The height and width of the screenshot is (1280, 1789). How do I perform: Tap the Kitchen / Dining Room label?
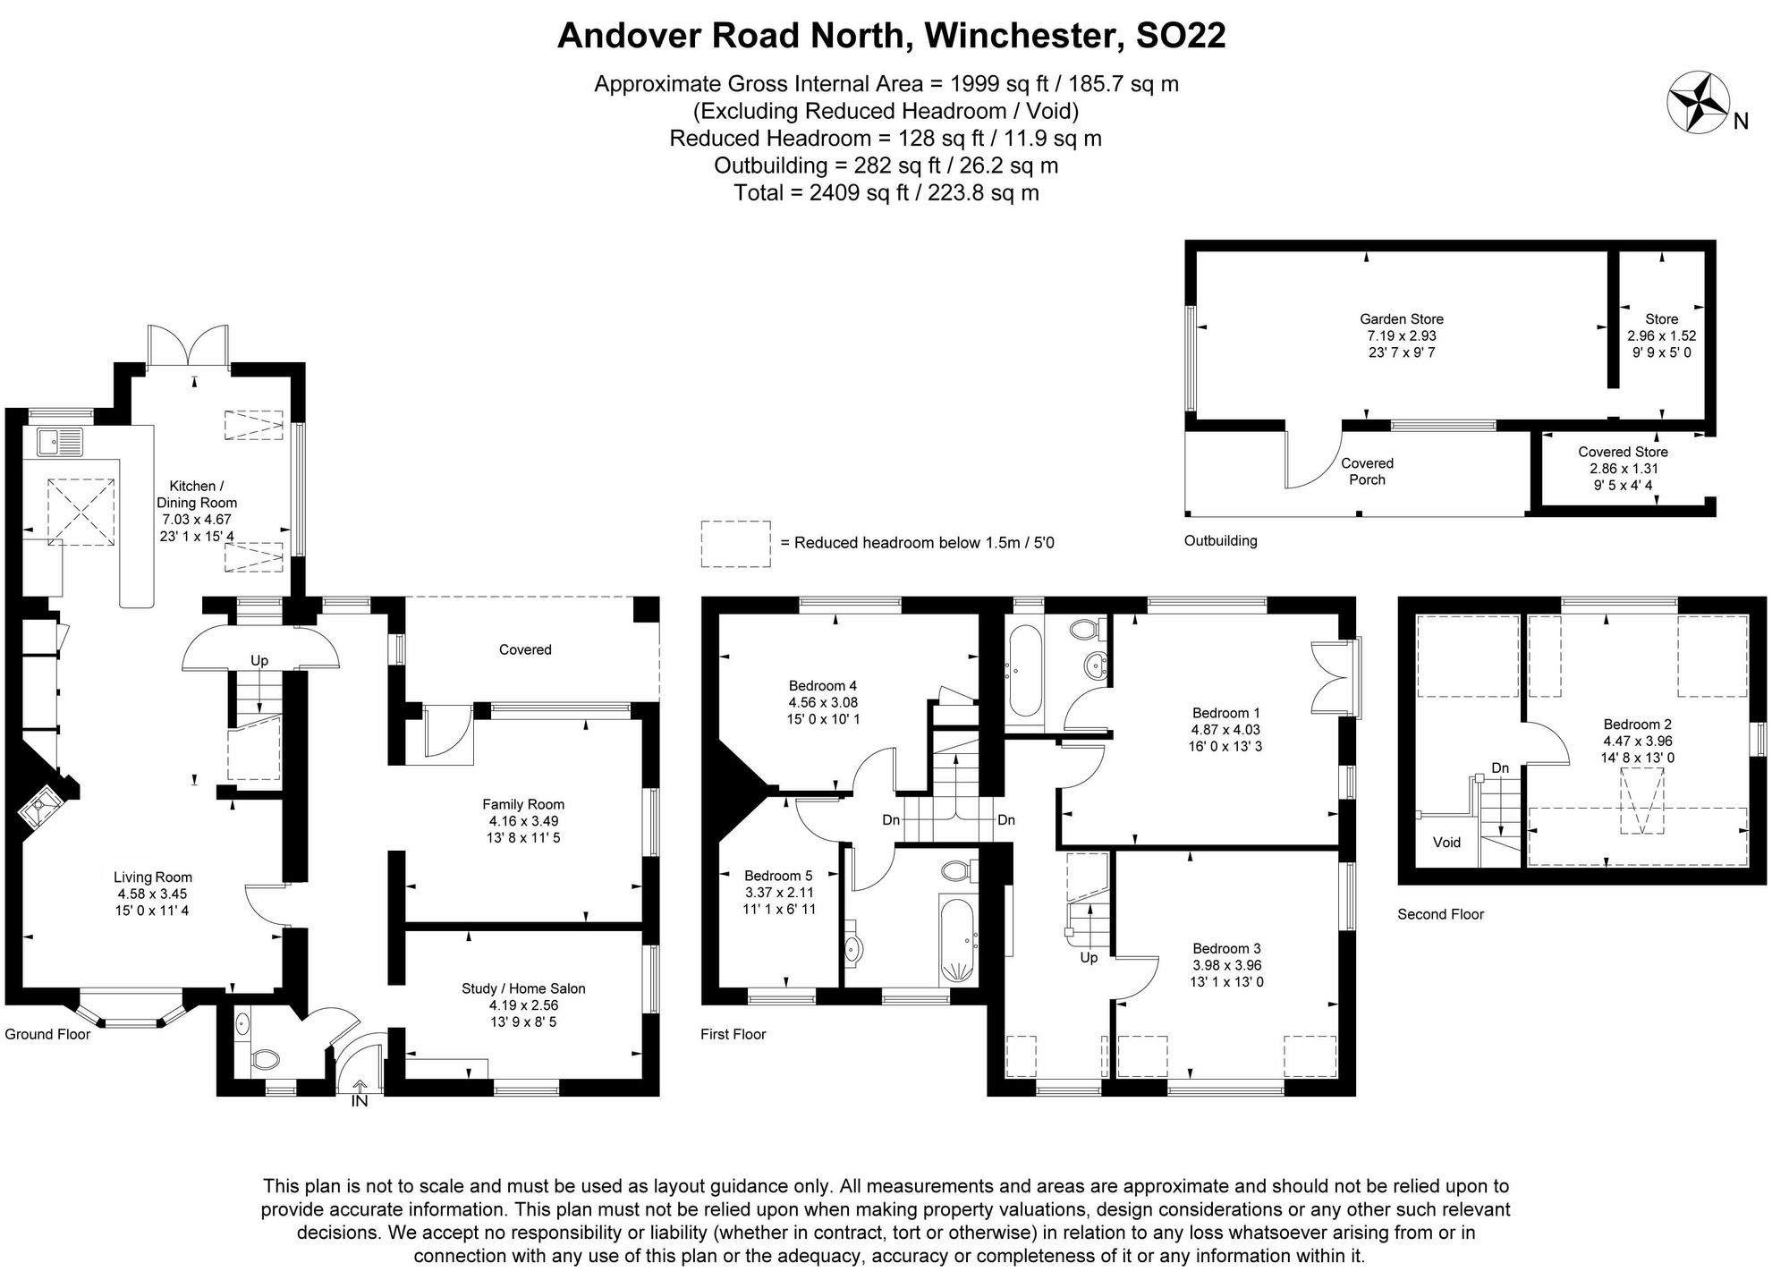tap(197, 494)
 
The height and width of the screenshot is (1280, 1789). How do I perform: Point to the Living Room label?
tap(153, 877)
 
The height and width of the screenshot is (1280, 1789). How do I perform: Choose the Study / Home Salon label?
tap(523, 988)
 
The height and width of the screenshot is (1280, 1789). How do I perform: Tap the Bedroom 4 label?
tap(818, 686)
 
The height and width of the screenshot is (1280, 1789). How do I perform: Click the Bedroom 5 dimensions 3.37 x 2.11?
tap(779, 892)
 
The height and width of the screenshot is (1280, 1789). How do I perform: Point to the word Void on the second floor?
tap(1446, 842)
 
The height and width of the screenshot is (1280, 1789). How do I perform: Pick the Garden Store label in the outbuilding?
tap(1402, 318)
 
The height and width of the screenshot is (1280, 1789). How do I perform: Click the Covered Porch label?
tap(1367, 471)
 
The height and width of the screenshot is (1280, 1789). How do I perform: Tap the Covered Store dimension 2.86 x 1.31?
tap(1624, 469)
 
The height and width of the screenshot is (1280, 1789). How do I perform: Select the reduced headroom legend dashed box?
tap(735, 544)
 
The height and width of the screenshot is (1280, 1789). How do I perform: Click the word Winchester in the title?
tap(1022, 36)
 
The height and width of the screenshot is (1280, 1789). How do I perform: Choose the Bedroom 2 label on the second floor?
tap(1637, 725)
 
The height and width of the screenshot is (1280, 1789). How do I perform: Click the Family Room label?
tap(523, 804)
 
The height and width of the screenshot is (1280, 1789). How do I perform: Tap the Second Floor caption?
tap(1440, 914)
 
